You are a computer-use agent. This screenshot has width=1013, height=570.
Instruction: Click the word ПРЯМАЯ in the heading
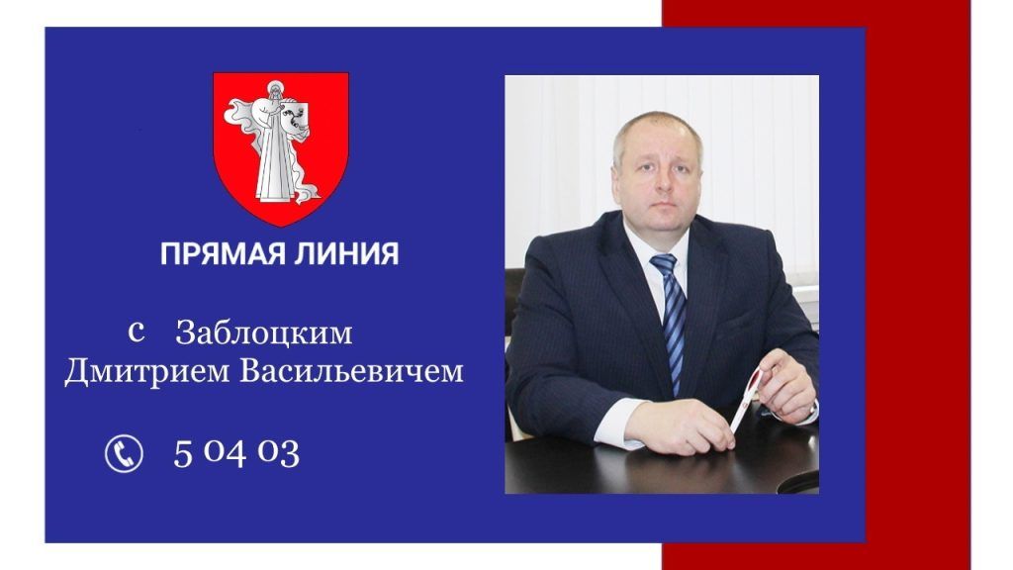pos(223,253)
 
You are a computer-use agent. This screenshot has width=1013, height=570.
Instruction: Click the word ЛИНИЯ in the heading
pos(346,253)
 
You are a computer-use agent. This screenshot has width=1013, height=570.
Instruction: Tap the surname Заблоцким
pos(264,333)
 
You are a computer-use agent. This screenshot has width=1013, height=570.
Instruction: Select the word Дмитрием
pos(147,372)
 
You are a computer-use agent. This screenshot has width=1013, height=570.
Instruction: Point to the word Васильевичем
pos(352,372)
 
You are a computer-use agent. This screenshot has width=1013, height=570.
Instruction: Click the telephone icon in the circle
pos(124,453)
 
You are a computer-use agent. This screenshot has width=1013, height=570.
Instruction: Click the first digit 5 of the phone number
pos(183,453)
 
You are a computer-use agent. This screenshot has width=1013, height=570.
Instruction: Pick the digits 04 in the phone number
pos(225,453)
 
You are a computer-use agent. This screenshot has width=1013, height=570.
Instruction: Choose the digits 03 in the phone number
pos(278,453)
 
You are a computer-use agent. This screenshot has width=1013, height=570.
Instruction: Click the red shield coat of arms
pos(281,148)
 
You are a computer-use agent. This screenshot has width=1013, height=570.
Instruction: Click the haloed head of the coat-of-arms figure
pos(276,90)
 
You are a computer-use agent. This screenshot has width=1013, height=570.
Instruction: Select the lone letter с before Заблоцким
pos(136,332)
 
